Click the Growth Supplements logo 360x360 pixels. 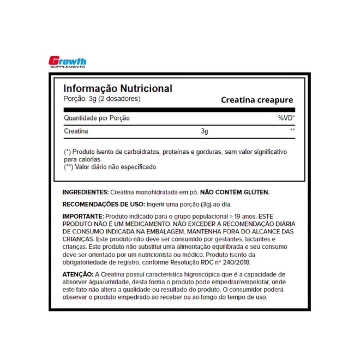pyautogui.click(x=68, y=63)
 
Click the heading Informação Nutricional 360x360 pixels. pyautogui.click(x=118, y=88)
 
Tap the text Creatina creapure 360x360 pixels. pyautogui.click(x=257, y=100)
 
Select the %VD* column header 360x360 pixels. pyautogui.click(x=286, y=118)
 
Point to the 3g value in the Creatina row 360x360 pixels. pyautogui.click(x=205, y=131)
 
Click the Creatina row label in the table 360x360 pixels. pyautogui.click(x=76, y=131)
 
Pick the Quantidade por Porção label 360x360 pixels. pyautogui.click(x=97, y=118)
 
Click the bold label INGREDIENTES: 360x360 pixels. pyautogui.click(x=86, y=193)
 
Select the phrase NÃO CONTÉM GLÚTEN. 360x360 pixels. pyautogui.click(x=235, y=193)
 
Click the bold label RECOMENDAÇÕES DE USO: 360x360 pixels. pyautogui.click(x=103, y=205)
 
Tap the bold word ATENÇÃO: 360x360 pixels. pyautogui.click(x=78, y=274)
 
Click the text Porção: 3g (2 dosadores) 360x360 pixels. pyautogui.click(x=102, y=99)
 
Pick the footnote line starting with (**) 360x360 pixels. pyautogui.click(x=111, y=167)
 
